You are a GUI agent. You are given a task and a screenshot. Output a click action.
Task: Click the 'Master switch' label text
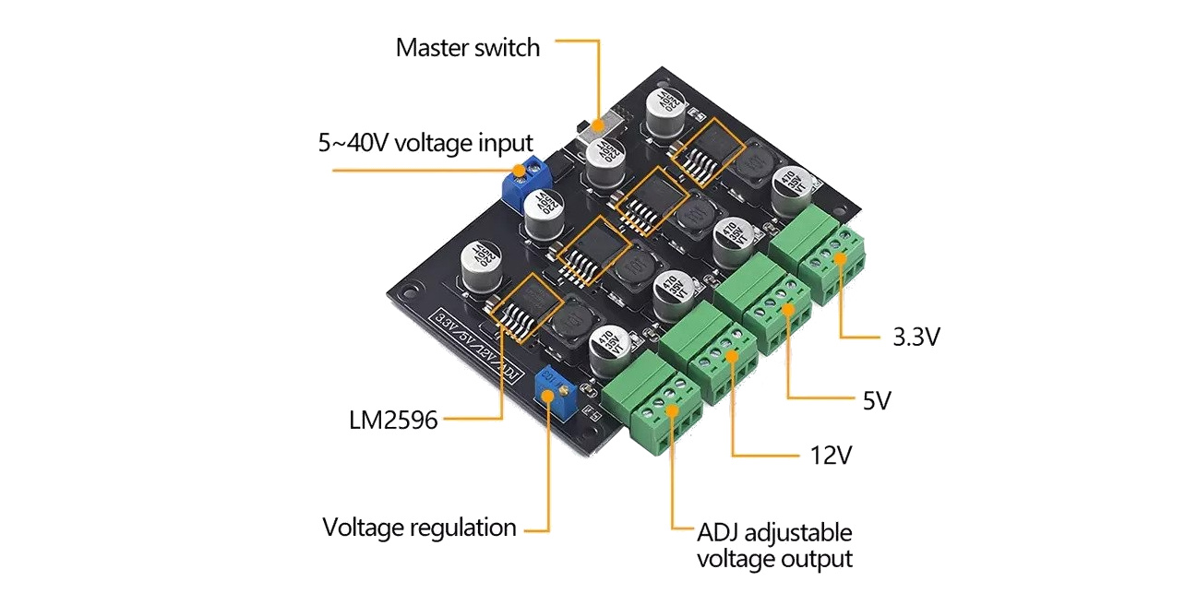(x=468, y=48)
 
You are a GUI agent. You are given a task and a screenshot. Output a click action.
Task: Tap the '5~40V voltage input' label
(x=425, y=143)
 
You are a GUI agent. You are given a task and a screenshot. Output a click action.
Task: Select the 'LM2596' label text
(x=393, y=420)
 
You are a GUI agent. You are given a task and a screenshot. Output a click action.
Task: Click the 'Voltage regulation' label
(x=419, y=528)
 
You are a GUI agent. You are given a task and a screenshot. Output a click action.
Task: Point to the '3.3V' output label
(x=916, y=338)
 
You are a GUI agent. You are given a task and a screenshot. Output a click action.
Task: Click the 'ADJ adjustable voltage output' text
(x=774, y=545)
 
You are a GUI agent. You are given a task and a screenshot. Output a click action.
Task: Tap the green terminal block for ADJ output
(x=653, y=410)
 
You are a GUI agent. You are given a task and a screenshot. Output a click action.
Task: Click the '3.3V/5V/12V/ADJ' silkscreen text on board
(x=479, y=348)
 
